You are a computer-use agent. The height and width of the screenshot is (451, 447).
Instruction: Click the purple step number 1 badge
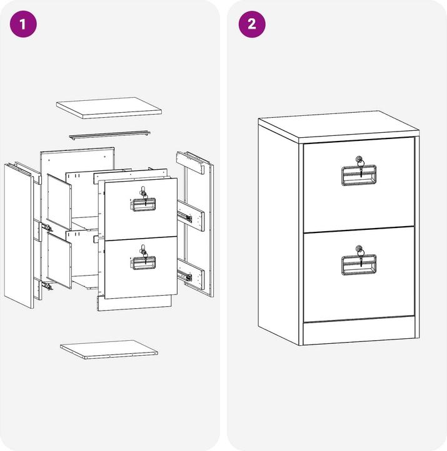(23, 24)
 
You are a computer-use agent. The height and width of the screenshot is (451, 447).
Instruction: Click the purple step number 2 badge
(252, 24)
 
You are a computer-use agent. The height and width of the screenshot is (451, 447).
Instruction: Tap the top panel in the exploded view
(109, 108)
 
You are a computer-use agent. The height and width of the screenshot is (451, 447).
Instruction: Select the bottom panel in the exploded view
(109, 350)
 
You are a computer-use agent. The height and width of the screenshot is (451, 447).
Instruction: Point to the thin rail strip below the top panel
(109, 135)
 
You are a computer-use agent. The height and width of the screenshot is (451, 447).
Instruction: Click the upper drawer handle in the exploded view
(143, 204)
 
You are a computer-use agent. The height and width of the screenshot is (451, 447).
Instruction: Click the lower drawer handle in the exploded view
(143, 263)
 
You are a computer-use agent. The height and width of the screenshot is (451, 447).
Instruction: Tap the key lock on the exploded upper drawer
(144, 193)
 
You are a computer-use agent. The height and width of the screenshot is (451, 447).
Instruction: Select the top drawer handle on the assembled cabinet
(359, 175)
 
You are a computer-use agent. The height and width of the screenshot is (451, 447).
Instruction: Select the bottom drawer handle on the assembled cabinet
(359, 265)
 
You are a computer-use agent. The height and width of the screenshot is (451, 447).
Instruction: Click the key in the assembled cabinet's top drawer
(360, 165)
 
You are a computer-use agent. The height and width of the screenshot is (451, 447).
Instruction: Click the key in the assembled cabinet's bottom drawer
(360, 256)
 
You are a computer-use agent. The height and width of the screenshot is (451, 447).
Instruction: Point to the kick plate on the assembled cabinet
(359, 331)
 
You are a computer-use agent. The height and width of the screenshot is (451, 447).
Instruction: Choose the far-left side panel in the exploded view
(18, 236)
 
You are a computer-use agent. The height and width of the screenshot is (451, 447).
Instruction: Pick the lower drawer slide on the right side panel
(184, 276)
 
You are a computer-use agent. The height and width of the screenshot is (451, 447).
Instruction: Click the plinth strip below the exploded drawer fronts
(134, 303)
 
